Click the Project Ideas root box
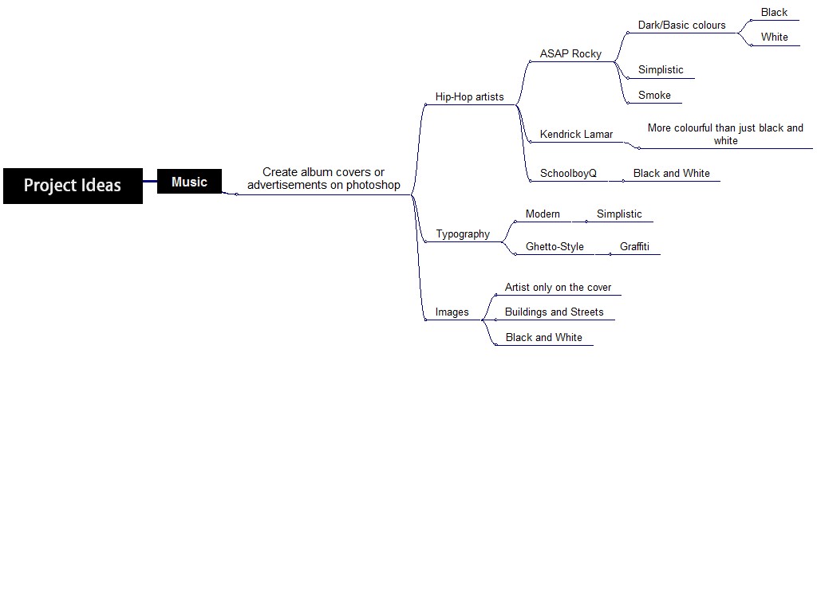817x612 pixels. tap(73, 186)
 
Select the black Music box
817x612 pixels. tap(189, 182)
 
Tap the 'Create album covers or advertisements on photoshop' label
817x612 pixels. tap(323, 178)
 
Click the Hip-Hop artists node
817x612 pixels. tap(469, 97)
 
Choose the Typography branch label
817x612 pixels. tap(463, 234)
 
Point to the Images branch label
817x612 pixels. tap(452, 312)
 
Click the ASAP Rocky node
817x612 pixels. tap(570, 54)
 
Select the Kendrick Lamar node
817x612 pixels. tap(576, 135)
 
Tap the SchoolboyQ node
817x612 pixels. tap(568, 174)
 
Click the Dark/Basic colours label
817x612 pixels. tap(681, 25)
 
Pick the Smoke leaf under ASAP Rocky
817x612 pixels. tap(654, 96)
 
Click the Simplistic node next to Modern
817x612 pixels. tap(619, 214)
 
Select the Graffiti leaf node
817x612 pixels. tap(634, 247)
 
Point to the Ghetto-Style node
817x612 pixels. tap(555, 247)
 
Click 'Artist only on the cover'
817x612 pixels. tap(558, 288)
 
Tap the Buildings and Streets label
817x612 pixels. tap(554, 312)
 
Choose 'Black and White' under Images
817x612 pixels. tap(544, 338)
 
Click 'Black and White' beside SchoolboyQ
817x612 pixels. tap(671, 174)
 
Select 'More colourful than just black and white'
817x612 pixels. tap(725, 135)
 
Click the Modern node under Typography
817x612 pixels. tap(543, 214)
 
